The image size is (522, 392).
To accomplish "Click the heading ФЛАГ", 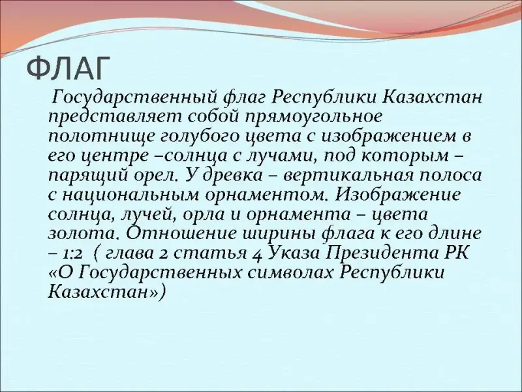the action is coord(69,69).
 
